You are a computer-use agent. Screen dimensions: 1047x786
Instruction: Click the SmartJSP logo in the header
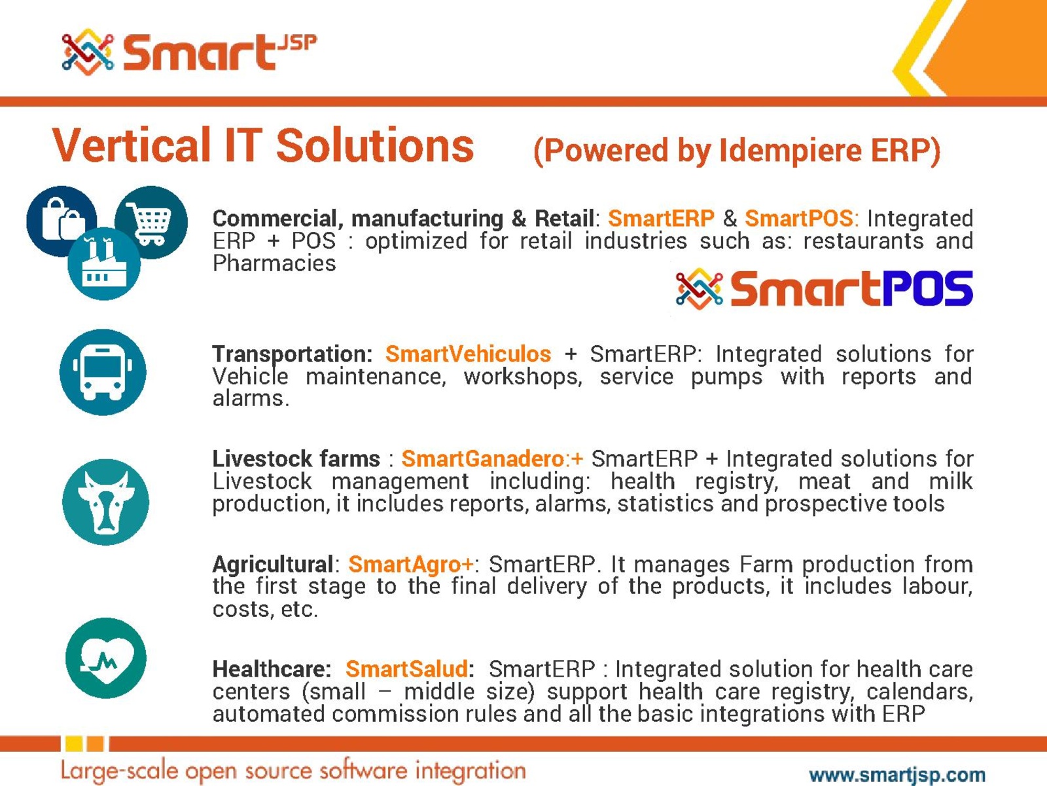tap(189, 52)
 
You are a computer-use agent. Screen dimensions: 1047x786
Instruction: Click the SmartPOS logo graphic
tap(824, 288)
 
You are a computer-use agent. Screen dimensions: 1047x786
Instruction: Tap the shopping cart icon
tap(151, 223)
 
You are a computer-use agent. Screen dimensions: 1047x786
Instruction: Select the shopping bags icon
tap(62, 221)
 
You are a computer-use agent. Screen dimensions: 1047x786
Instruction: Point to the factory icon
tap(104, 263)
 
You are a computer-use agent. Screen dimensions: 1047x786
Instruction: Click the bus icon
tap(103, 372)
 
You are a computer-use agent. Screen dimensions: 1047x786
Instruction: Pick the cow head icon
tap(105, 502)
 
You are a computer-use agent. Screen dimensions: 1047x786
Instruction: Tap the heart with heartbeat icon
tap(106, 658)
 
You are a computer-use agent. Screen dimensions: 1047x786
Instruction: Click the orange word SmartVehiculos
tap(468, 354)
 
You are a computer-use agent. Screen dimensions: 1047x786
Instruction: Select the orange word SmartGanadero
tap(483, 459)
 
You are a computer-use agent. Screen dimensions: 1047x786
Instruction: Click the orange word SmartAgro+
tap(410, 565)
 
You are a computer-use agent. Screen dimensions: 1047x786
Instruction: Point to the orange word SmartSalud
tap(406, 669)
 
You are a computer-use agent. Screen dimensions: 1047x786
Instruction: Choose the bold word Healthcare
tap(272, 669)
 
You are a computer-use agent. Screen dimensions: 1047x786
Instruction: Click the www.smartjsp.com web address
tap(897, 774)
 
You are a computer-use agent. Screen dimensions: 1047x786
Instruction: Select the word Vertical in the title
tap(132, 145)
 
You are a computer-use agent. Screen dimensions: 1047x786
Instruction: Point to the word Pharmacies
tap(274, 263)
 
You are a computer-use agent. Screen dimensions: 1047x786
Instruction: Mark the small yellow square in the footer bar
tap(74, 743)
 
